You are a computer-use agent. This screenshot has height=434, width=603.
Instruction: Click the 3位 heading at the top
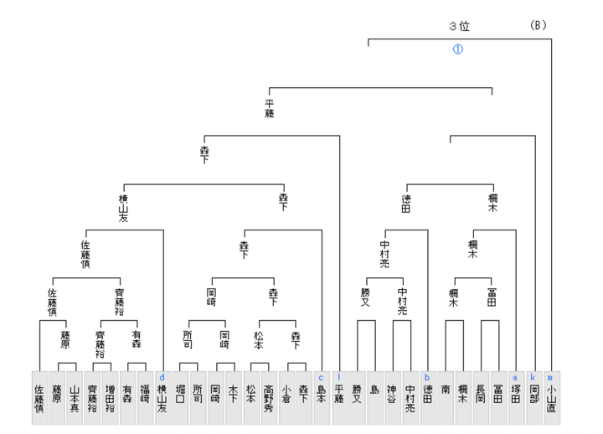459,26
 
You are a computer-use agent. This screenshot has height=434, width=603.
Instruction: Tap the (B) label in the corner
538,25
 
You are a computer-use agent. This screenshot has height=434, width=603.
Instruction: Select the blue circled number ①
457,49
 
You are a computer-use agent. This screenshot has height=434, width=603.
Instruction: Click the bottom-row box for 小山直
551,397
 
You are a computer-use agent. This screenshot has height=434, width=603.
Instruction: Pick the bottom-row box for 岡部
533,397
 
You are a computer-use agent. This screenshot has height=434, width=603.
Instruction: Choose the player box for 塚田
515,397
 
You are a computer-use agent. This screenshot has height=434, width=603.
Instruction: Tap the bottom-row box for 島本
321,397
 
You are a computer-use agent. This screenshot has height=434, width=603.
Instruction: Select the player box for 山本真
75,397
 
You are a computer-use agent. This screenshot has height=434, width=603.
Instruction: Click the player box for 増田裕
109,397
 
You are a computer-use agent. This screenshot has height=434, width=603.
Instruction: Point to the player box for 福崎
144,397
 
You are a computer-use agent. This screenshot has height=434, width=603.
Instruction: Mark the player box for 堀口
180,397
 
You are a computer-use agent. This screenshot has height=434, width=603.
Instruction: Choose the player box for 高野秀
268,397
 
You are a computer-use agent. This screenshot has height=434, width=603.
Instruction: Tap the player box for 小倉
286,397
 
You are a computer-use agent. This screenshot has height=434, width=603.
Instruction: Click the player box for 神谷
392,397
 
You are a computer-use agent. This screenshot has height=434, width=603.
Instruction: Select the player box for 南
445,397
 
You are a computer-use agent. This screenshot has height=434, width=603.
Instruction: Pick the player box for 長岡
480,397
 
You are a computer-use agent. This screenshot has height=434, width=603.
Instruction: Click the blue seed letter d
162,378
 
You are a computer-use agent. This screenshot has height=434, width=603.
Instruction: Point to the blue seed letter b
427,378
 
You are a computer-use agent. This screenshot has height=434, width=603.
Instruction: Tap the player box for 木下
233,397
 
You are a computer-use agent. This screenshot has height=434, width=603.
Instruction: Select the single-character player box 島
374,397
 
